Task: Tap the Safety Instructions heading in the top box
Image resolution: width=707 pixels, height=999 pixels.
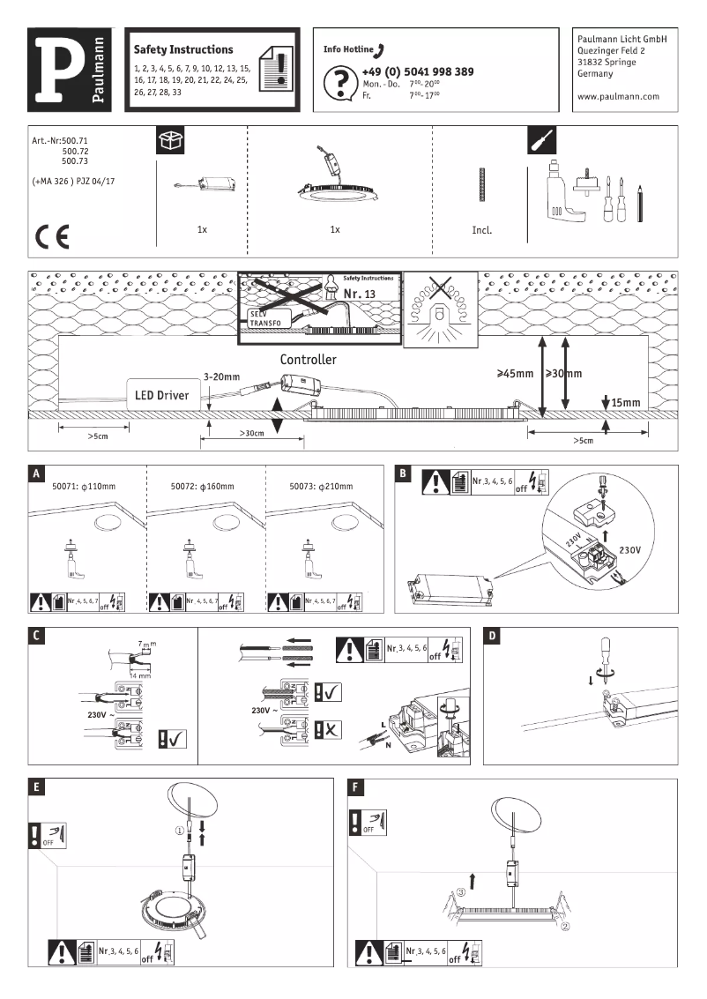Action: tap(183, 50)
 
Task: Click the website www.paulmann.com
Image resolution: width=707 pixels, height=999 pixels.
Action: tap(617, 97)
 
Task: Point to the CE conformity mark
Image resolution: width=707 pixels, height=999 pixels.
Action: tap(49, 236)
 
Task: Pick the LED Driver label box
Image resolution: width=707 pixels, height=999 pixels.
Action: tap(161, 396)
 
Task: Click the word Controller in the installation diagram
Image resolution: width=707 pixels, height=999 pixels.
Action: tap(308, 360)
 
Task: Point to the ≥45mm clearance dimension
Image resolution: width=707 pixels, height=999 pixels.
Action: tap(516, 374)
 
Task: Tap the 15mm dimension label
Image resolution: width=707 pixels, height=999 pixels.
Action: tap(626, 402)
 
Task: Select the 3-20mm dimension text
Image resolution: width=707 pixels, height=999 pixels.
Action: tap(220, 376)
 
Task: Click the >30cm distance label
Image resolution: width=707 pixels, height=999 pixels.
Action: tap(253, 434)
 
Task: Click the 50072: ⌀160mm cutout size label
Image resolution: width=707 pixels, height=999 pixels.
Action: tap(205, 486)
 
